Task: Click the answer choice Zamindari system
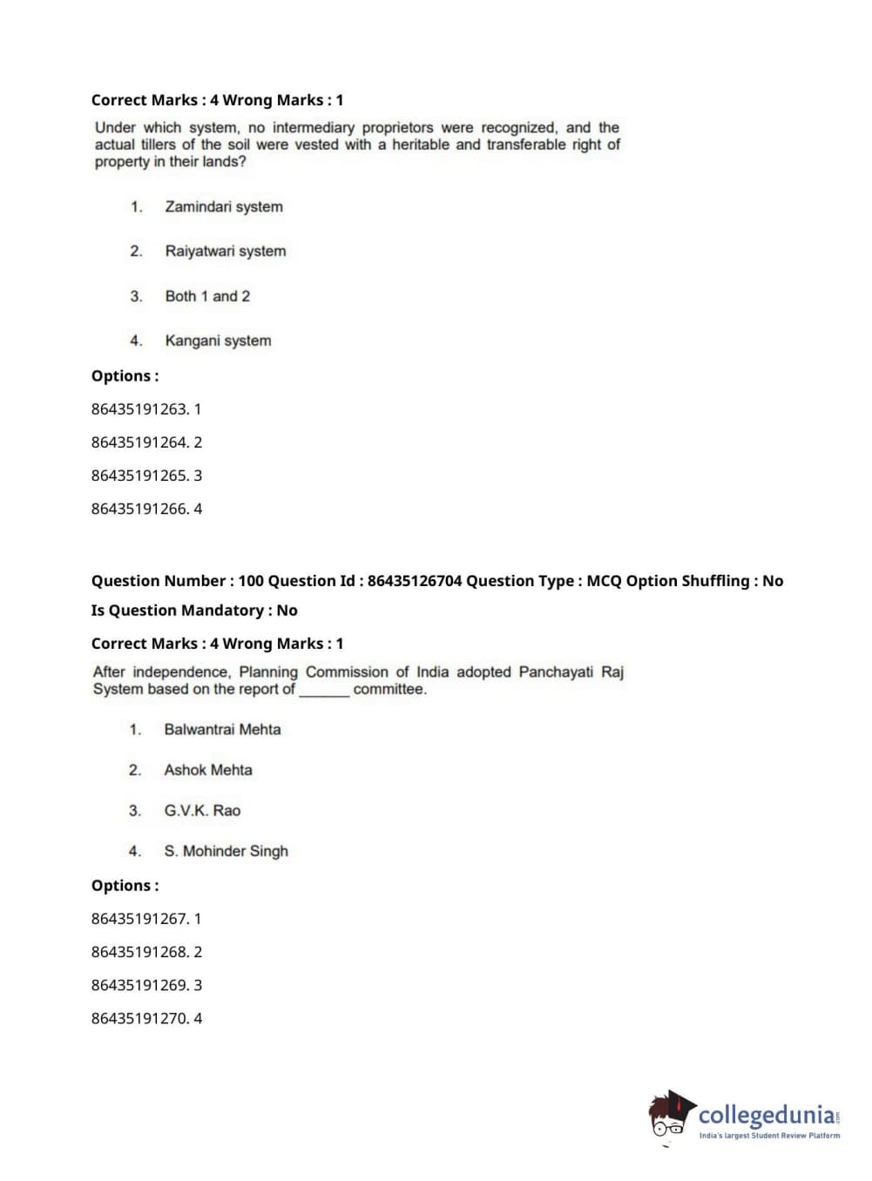coord(224,207)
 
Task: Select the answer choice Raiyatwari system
coord(226,252)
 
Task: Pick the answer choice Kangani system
coord(218,341)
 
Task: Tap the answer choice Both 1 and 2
coord(207,296)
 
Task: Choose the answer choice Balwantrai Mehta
coord(222,730)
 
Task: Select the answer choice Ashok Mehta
coord(208,770)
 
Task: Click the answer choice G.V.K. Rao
coord(202,811)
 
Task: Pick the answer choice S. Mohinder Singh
coord(226,851)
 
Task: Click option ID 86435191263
coord(139,409)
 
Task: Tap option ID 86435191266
coord(139,509)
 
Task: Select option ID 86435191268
coord(139,952)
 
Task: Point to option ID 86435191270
coord(139,1018)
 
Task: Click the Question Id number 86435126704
coord(415,581)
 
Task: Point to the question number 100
coord(251,581)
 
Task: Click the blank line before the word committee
coord(324,691)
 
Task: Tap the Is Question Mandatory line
coord(194,611)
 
